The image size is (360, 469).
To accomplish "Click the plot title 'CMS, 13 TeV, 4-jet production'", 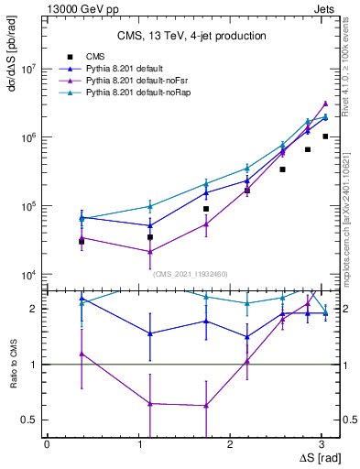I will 191,36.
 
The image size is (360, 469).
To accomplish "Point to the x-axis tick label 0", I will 47,444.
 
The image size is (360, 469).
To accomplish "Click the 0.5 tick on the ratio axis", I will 32,420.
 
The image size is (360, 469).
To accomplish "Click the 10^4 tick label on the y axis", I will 27,275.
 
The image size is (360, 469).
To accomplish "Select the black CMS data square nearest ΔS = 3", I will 325,136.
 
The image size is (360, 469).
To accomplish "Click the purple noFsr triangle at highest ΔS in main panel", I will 325,104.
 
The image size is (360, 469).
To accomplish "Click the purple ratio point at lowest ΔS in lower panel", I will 82,354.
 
